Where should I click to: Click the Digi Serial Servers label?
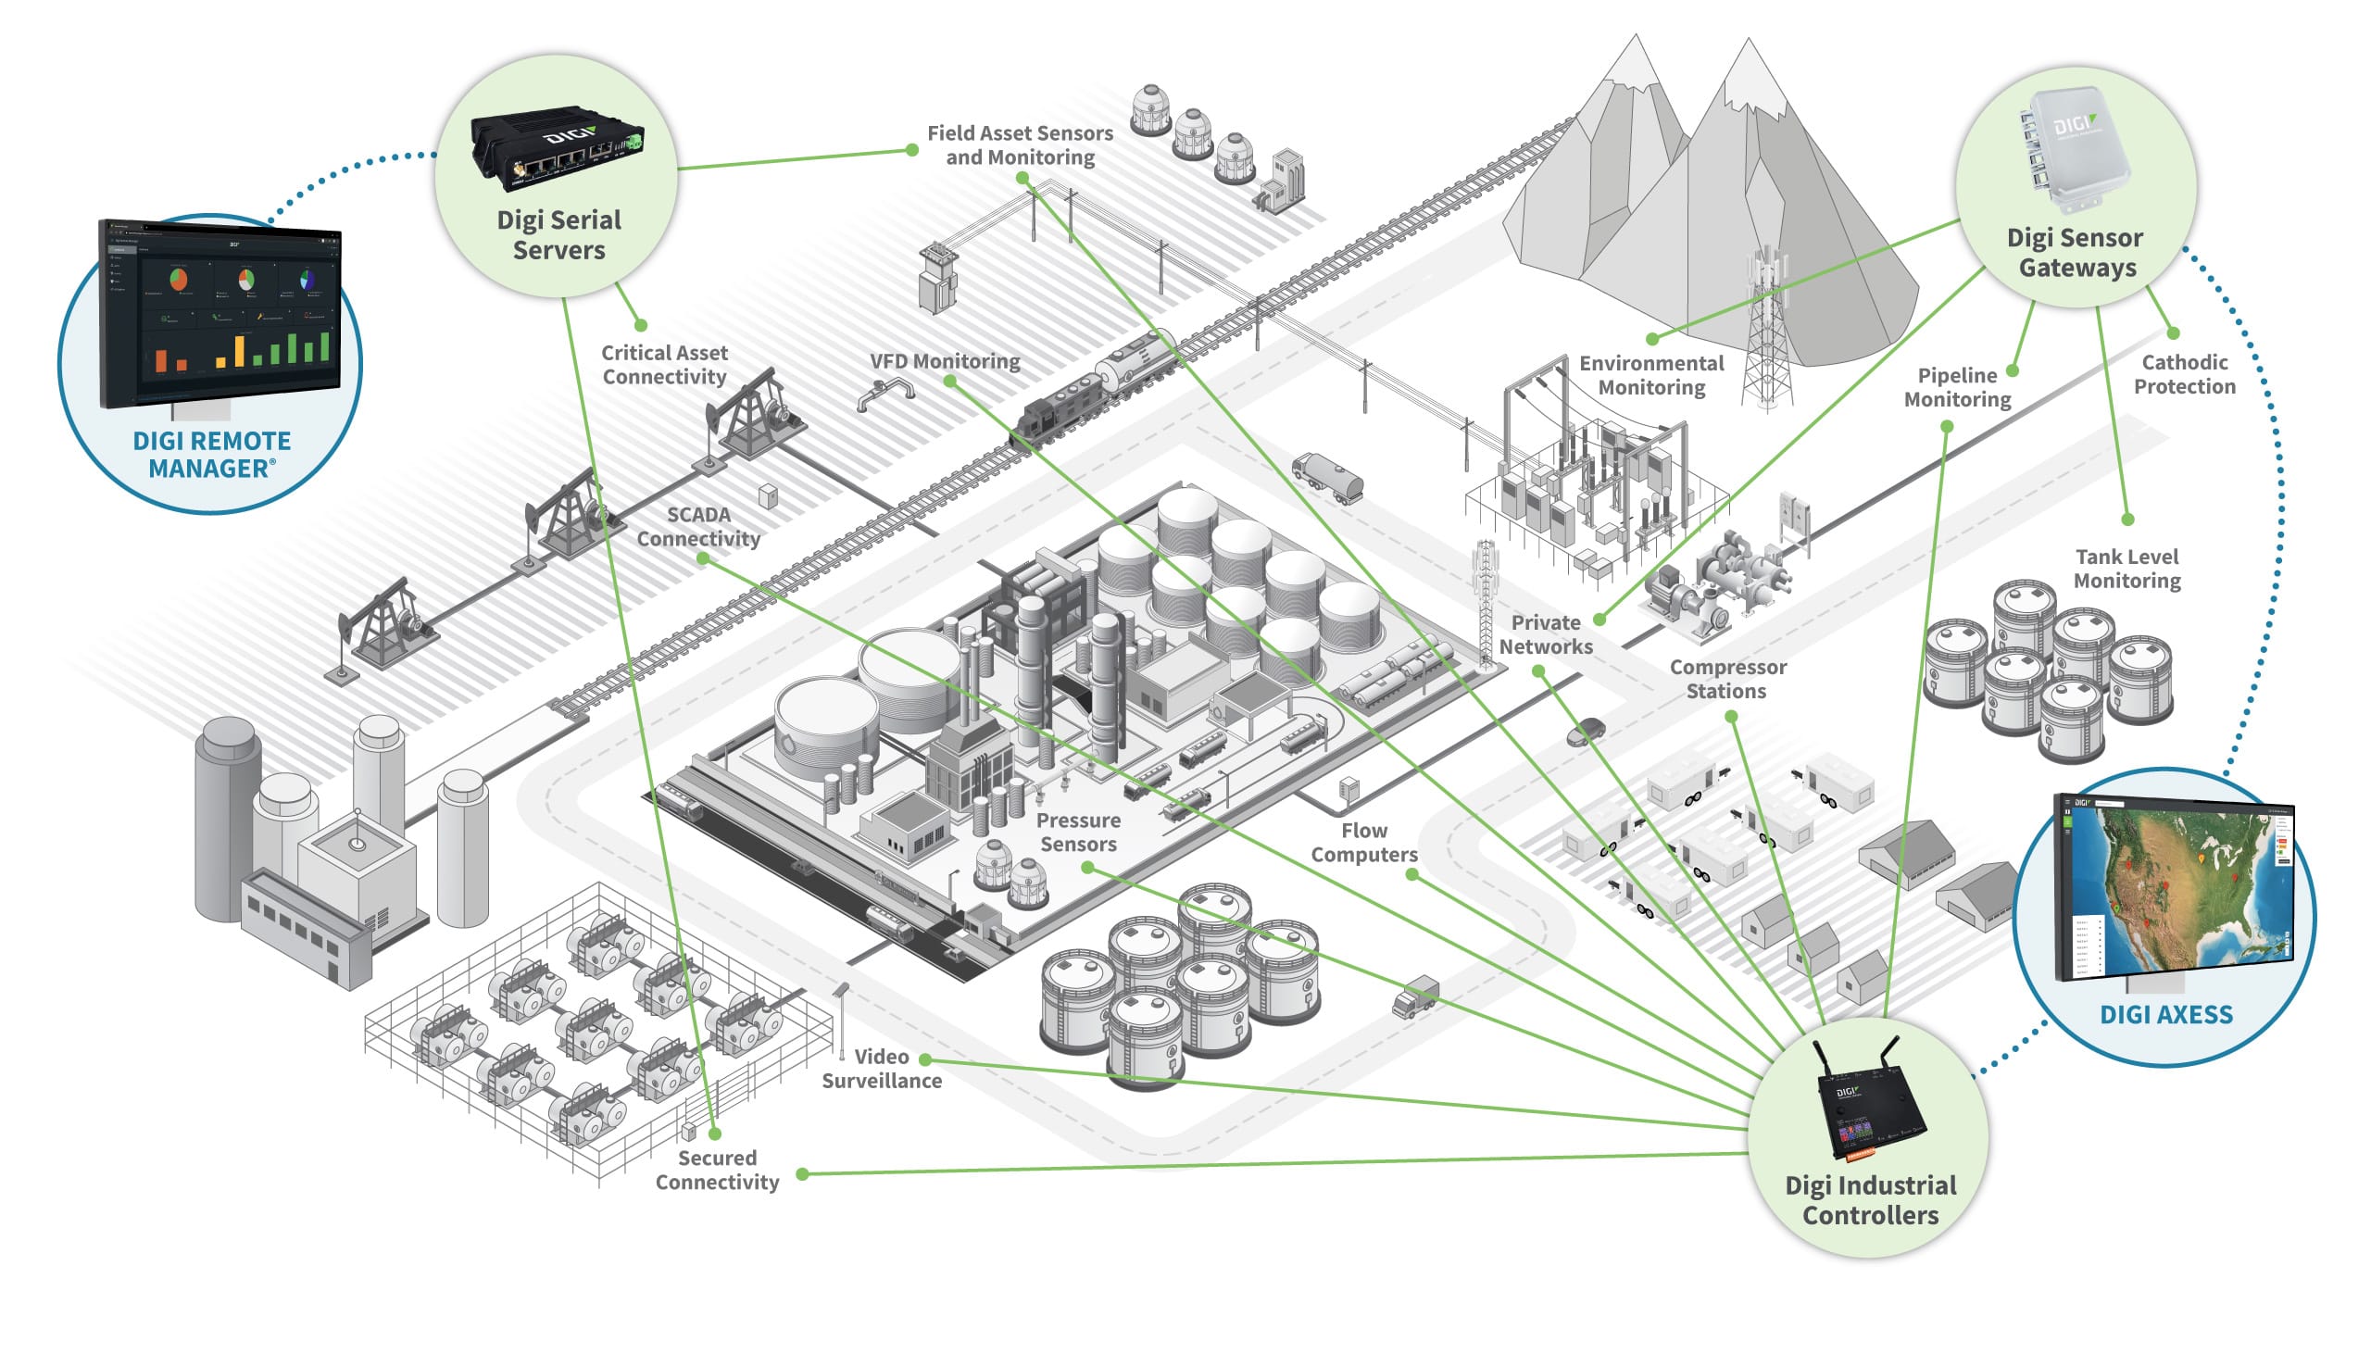point(558,235)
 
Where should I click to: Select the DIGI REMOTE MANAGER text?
point(212,455)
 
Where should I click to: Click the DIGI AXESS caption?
point(2165,1014)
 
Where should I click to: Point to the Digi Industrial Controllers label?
point(1869,1199)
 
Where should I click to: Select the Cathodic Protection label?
point(2183,374)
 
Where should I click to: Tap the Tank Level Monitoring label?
point(2126,569)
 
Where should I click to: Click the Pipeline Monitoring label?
point(1957,387)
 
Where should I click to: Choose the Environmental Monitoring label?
point(1651,375)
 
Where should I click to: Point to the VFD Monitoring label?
point(944,361)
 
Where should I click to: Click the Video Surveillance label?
point(881,1069)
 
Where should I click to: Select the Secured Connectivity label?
point(716,1170)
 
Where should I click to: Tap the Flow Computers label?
point(1363,843)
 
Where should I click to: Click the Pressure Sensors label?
point(1078,833)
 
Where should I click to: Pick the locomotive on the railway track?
point(1060,408)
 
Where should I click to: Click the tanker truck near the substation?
point(1327,477)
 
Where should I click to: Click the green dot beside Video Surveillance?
point(925,1059)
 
